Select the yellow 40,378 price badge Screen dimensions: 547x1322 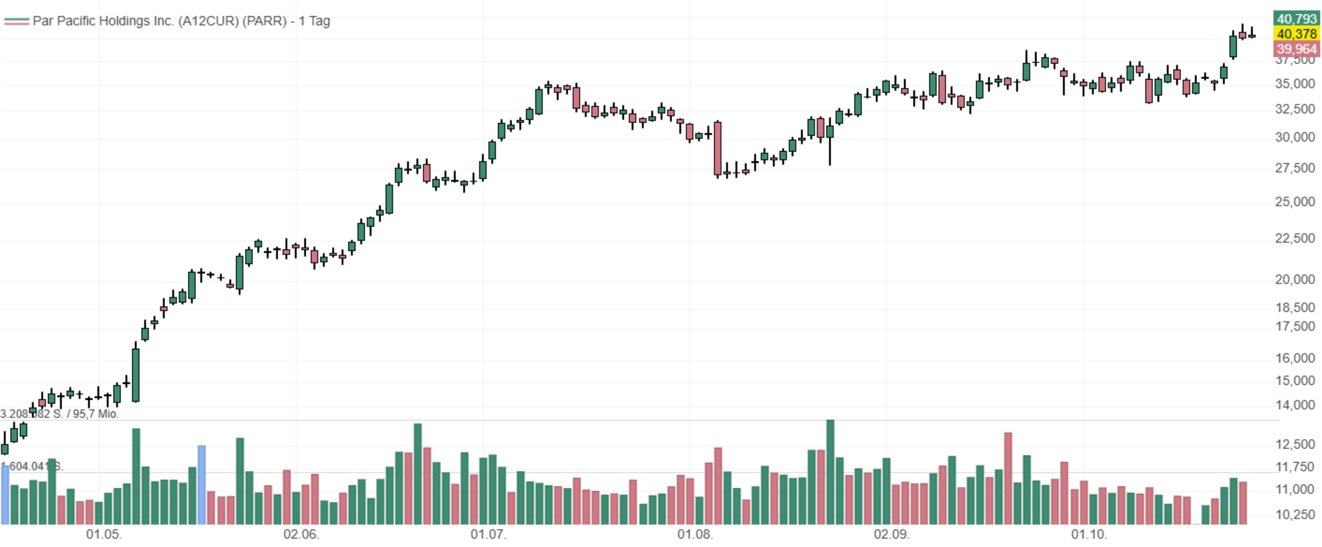1296,34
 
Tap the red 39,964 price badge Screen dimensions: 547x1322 1296,49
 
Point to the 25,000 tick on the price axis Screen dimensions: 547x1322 1295,201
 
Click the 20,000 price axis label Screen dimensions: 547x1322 1295,279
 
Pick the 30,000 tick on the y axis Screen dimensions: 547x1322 1295,137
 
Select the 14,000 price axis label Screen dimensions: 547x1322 1295,405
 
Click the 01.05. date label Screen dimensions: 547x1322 104,534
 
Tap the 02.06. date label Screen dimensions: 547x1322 301,534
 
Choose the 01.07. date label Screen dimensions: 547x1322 488,534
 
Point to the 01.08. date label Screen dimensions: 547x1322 695,534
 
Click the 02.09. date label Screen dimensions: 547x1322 892,534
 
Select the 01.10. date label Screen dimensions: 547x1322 1089,534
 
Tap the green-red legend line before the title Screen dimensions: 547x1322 16,21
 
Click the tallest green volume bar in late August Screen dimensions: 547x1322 830,473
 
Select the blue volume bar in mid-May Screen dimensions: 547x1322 202,485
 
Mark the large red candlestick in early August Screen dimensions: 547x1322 718,149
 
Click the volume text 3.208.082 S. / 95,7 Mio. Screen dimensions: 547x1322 59,414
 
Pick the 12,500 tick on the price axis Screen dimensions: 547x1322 1295,444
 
